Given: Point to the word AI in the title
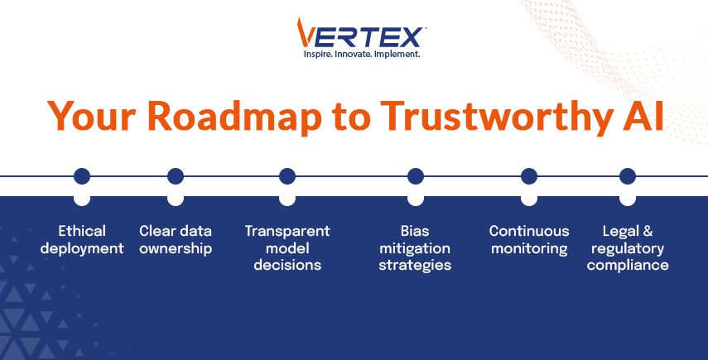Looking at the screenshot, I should pos(641,117).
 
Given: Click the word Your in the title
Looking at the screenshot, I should pos(91,117).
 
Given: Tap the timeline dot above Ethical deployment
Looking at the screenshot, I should pos(81,175).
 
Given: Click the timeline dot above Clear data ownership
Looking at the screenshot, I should pos(175,175).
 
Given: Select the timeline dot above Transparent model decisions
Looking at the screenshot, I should pos(287,175).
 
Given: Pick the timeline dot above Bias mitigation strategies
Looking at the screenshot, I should pos(416,175).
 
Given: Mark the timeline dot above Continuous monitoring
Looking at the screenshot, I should pos(529,175).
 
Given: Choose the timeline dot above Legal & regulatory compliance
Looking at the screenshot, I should pos(628,175).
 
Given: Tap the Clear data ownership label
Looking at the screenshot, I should pos(176,239).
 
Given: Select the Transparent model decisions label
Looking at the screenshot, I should pos(287,247).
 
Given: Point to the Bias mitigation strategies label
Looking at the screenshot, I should pos(415,247).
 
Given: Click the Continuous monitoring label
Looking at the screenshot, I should pos(529,239).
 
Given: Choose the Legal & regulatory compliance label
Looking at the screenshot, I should pos(628,247).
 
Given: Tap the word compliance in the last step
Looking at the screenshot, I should pos(628,266).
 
